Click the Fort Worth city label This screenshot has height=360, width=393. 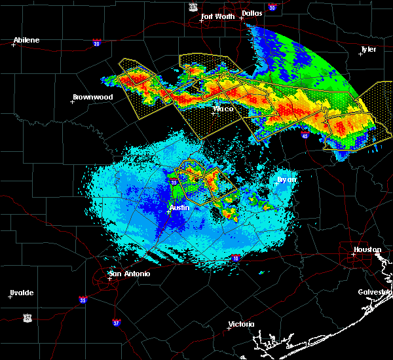click(x=216, y=16)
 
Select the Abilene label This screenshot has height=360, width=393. click(x=27, y=40)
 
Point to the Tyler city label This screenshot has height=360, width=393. click(x=369, y=49)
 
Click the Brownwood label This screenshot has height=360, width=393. click(x=92, y=97)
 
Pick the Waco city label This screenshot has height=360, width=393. click(x=223, y=109)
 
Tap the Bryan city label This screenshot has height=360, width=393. click(x=286, y=179)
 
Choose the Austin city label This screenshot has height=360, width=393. click(x=179, y=207)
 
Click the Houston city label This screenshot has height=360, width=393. click(x=367, y=249)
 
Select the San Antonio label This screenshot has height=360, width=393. click(x=129, y=274)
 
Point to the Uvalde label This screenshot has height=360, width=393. click(x=22, y=293)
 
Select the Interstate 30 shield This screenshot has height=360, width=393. click(x=272, y=8)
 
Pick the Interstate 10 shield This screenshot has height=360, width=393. click(x=234, y=259)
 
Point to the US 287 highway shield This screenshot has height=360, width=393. click(x=193, y=6)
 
